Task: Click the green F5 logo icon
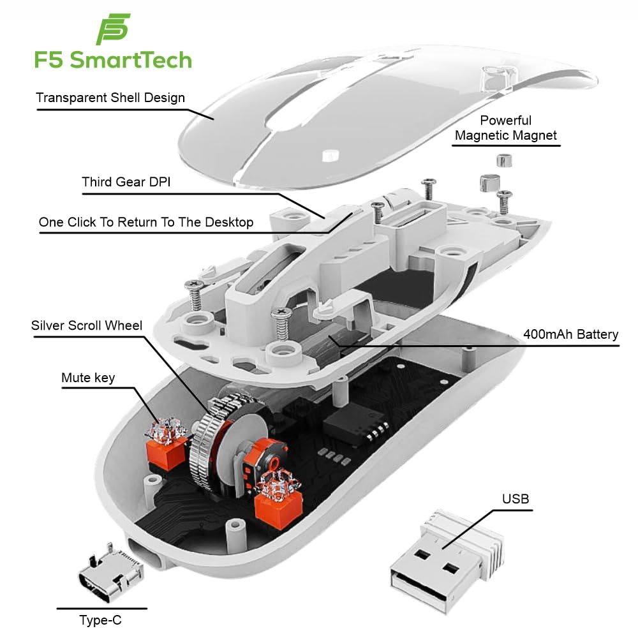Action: pos(113,30)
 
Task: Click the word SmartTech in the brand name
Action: pos(130,60)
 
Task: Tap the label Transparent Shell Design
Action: pos(110,98)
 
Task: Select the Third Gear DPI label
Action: pos(126,182)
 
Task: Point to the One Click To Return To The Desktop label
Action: pos(146,222)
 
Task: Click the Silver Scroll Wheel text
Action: pos(87,325)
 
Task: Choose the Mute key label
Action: pos(88,378)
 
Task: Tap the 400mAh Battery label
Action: pos(570,334)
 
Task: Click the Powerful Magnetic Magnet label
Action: pos(506,128)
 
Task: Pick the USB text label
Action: pos(516,498)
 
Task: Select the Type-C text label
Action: pos(100,619)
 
